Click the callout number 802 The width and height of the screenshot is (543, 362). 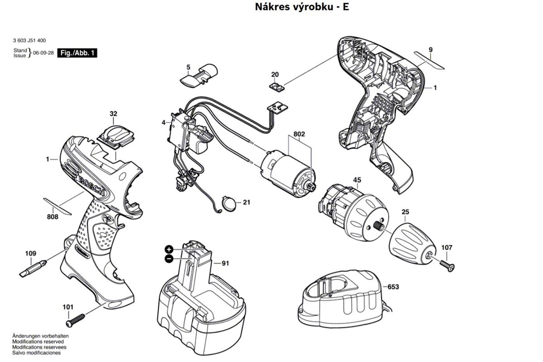pos(299,134)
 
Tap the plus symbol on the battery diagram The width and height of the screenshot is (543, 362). pos(169,249)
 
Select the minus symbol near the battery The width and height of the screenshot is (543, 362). pos(169,259)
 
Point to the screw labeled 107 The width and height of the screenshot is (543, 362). pos(447,266)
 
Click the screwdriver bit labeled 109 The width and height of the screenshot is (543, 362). pos(33,269)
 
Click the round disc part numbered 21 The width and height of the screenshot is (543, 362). pos(229,203)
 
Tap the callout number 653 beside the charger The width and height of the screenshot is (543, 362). pos(393,287)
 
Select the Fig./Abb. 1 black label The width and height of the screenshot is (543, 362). pos(77,53)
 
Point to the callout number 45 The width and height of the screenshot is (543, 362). pos(357,180)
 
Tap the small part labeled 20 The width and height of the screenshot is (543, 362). pos(277,87)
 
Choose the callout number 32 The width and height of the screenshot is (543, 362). pos(113,114)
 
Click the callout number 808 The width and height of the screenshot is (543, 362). pos(52,216)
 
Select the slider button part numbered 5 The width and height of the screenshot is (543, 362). pos(199,76)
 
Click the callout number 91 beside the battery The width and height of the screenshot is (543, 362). pos(225,263)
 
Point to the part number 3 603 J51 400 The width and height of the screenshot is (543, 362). pos(29,40)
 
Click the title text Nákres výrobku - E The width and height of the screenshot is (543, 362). pos(302,7)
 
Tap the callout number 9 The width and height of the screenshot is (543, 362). pos(430,50)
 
